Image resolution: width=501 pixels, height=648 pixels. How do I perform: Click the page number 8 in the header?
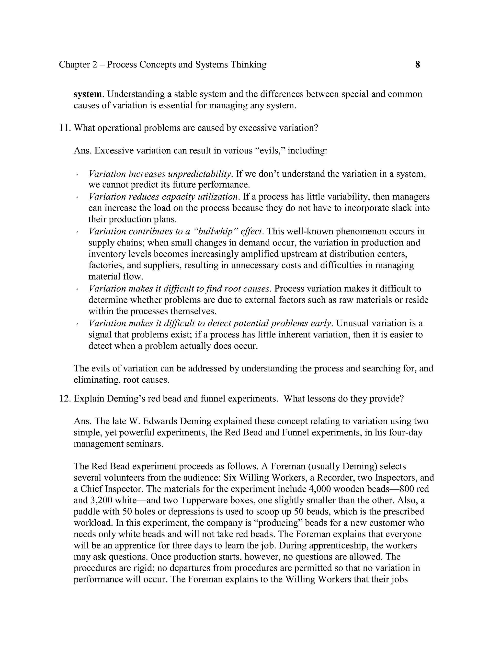pos(417,64)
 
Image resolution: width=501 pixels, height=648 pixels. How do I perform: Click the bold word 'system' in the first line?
pos(88,94)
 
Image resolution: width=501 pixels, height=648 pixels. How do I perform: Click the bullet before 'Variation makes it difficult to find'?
pos(77,289)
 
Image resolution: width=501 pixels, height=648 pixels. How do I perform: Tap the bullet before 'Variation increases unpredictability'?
pos(77,174)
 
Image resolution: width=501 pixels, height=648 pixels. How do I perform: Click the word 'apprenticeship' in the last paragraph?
pos(336,546)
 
